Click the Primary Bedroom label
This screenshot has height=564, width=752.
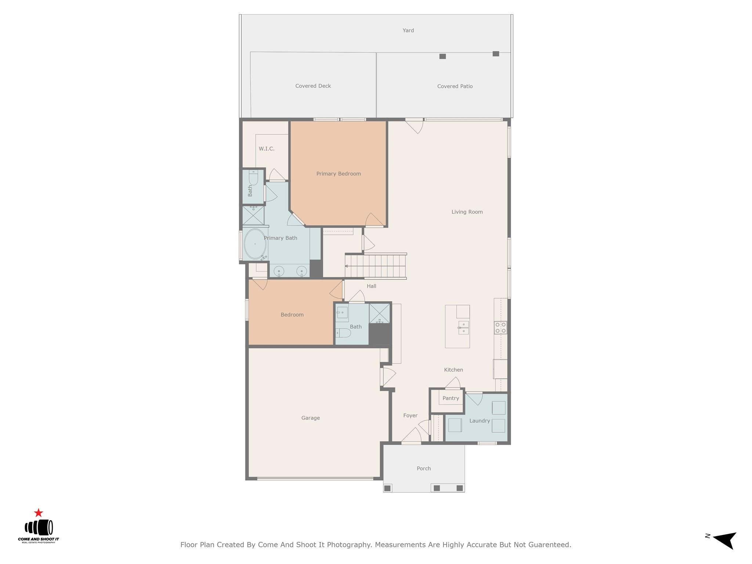(339, 174)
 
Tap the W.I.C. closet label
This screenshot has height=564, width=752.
(267, 149)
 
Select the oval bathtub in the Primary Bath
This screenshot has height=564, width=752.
(254, 244)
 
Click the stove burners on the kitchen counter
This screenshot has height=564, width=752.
(500, 328)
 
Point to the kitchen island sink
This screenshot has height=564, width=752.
(463, 328)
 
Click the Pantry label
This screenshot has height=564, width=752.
(451, 398)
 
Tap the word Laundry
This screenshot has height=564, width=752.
(480, 421)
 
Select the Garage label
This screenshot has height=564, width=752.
(310, 418)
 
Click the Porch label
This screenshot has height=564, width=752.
(424, 469)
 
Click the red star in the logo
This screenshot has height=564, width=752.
(39, 513)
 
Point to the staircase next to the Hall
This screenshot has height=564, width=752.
(375, 266)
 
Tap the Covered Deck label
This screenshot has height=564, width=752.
(313, 86)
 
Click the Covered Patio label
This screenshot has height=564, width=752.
(455, 86)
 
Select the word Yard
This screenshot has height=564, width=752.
(408, 30)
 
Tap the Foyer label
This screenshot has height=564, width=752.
(410, 416)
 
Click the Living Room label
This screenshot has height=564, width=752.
(467, 212)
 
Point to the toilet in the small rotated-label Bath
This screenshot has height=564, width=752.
(253, 178)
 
